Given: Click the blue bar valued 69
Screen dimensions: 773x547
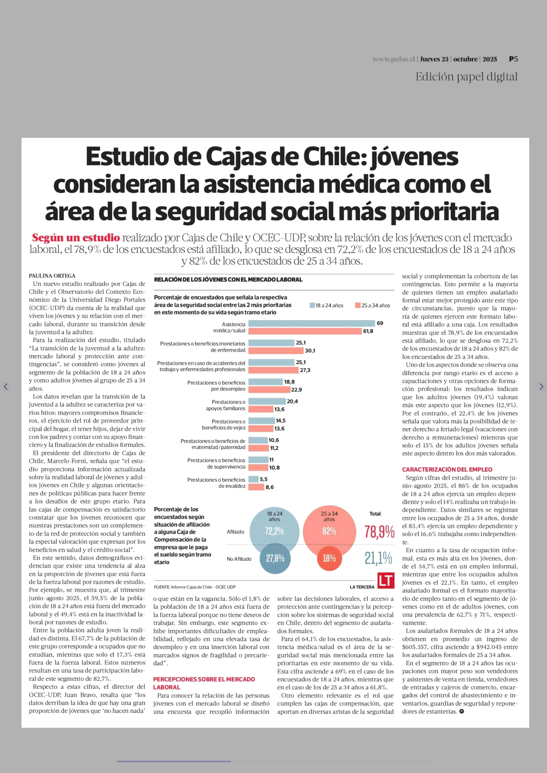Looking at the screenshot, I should pyautogui.click(x=312, y=323).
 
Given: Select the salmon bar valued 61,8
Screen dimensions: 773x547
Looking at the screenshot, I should pyautogui.click(x=305, y=331).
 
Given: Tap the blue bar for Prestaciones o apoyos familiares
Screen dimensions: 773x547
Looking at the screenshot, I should pyautogui.click(x=267, y=401).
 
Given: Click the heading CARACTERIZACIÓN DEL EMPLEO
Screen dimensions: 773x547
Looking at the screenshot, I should pyautogui.click(x=447, y=470).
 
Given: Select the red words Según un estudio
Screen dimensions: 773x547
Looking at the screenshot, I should pyautogui.click(x=76, y=238).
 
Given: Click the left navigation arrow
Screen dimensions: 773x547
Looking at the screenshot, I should pyautogui.click(x=6, y=387).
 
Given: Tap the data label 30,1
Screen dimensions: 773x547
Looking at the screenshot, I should pyautogui.click(x=310, y=351).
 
